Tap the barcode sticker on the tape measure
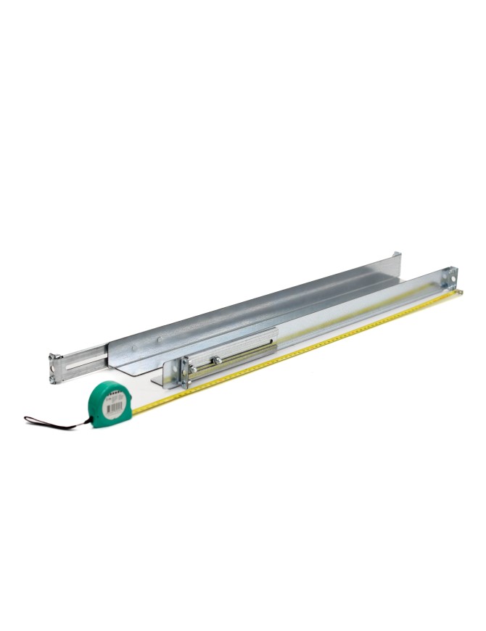(112, 406)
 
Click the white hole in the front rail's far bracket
(453, 276)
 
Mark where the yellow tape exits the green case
(135, 411)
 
